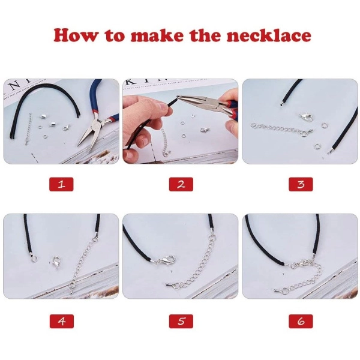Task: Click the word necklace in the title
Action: coord(269,35)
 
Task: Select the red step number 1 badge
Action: coord(61,184)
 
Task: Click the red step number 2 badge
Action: coord(181,184)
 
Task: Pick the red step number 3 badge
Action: coord(301,184)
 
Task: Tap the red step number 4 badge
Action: coord(62,321)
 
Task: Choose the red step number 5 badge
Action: coord(181,321)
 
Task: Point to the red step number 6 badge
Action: coord(301,321)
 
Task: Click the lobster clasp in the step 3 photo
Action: coord(306,117)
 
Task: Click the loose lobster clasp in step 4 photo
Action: coord(56,263)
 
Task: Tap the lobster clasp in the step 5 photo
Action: coord(166,260)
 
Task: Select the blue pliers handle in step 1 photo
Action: coord(96,97)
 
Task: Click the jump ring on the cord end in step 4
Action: coord(34,259)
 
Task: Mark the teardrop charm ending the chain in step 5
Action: coord(169,284)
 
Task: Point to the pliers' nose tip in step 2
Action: coord(178,97)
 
